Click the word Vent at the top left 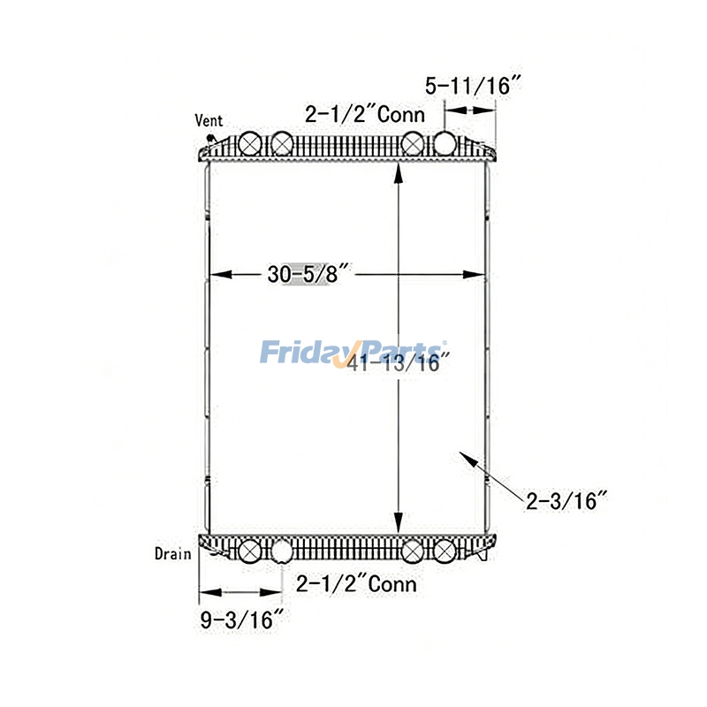(209, 121)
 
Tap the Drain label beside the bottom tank (172, 554)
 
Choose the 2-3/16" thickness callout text (566, 501)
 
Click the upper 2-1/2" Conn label (365, 114)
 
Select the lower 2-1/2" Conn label (356, 583)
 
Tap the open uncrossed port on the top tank (445, 143)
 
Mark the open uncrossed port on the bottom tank (281, 552)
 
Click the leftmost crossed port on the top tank (249, 143)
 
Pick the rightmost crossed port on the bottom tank (445, 552)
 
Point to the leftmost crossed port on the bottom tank (249, 552)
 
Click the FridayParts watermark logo (353, 353)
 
